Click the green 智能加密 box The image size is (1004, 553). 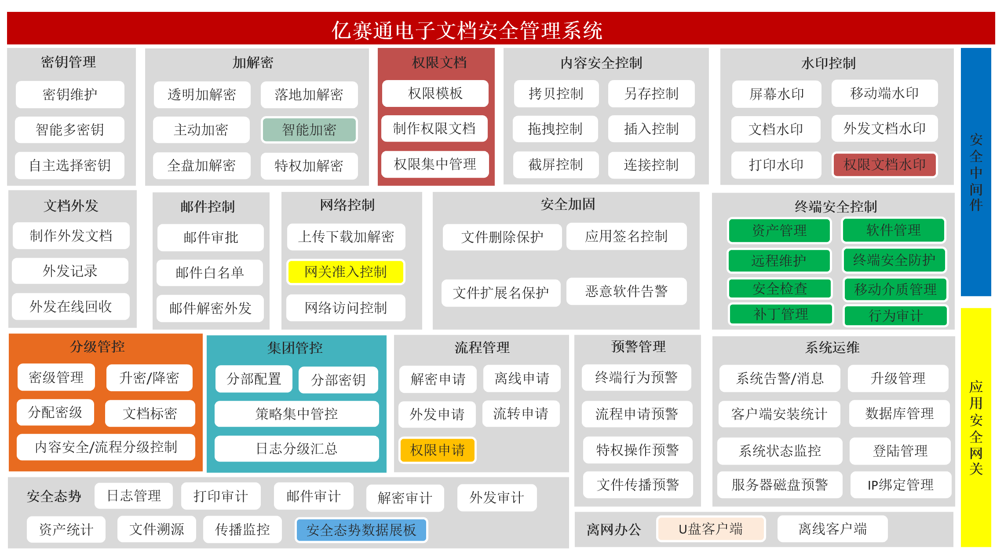click(309, 130)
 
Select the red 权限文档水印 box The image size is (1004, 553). click(884, 165)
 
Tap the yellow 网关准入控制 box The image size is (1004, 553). click(346, 272)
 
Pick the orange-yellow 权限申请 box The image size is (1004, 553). click(437, 450)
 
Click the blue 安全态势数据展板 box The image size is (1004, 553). click(361, 530)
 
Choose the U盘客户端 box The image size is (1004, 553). click(711, 528)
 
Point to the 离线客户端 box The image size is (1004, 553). click(832, 528)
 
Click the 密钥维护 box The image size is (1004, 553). click(70, 94)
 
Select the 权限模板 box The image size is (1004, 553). click(435, 93)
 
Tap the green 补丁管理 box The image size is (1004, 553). click(781, 314)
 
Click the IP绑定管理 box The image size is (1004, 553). click(900, 485)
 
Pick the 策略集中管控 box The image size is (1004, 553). click(296, 414)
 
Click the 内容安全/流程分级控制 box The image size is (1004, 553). click(106, 447)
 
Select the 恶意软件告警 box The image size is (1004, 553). click(626, 291)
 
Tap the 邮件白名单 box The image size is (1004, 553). click(210, 273)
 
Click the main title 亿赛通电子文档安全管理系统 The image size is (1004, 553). click(467, 30)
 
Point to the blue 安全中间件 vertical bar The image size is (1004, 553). click(975, 172)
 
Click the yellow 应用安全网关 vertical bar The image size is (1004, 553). click(975, 427)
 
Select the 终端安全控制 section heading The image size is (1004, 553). click(835, 206)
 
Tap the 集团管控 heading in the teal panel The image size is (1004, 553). click(295, 348)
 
